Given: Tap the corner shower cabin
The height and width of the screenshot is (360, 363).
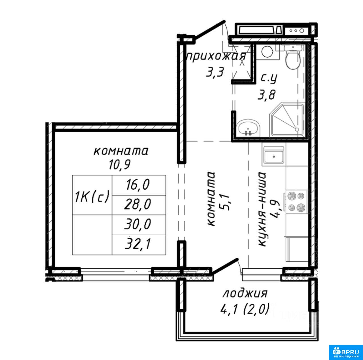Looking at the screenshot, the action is coord(287,120).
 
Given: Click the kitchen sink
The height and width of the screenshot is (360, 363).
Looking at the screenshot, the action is coord(274,156).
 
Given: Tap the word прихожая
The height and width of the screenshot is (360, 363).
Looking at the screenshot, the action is coord(216,56).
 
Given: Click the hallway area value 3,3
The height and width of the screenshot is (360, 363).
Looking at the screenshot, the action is coord(215,73).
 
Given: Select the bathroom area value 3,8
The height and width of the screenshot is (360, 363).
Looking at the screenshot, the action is coord(267,95).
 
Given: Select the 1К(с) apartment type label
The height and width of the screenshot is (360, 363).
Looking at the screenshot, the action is coord(92,196).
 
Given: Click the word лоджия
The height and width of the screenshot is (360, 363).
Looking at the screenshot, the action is coord(245,295).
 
